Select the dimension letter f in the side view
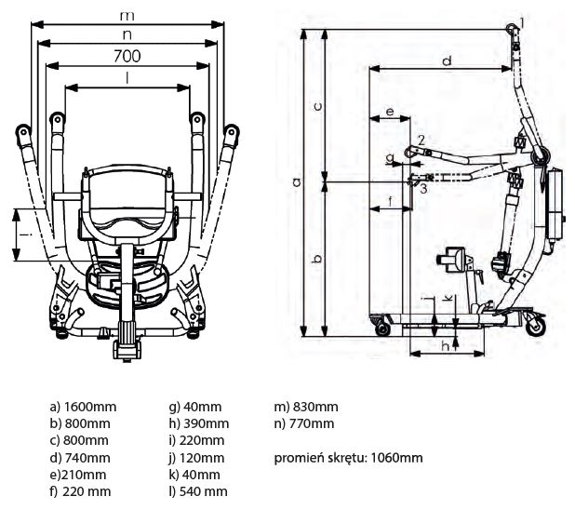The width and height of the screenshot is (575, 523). pyautogui.click(x=390, y=200)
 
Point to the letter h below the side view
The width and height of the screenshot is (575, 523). pyautogui.click(x=446, y=346)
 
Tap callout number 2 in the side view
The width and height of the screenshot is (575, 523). pyautogui.click(x=421, y=139)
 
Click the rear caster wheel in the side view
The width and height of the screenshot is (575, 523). pyautogui.click(x=534, y=326)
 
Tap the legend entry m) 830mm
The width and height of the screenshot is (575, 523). pyautogui.click(x=305, y=408)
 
